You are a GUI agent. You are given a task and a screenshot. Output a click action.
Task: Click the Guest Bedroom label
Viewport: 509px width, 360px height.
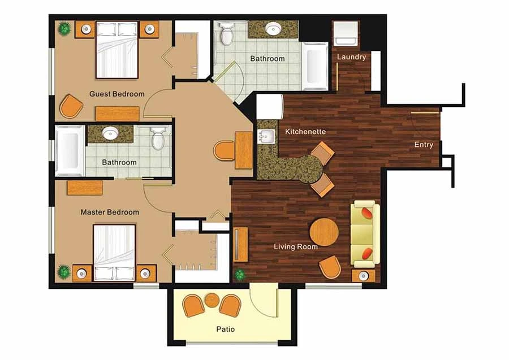coord(117,94)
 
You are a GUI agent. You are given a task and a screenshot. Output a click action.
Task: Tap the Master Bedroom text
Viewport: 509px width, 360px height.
coord(109,212)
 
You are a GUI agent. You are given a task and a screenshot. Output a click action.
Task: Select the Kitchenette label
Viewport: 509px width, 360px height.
coord(305,132)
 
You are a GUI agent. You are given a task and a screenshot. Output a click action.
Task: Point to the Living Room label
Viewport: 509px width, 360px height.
coord(295,247)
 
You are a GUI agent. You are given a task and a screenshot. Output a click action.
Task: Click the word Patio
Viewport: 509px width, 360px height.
coord(225,329)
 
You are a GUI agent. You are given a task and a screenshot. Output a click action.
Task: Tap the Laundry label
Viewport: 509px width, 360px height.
coord(351,57)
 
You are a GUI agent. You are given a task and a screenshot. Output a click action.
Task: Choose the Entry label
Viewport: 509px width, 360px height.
coord(424,145)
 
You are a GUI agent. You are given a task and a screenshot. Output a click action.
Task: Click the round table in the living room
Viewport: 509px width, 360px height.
coord(323,232)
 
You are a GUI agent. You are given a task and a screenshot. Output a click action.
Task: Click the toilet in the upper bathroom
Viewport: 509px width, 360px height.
coord(227,34)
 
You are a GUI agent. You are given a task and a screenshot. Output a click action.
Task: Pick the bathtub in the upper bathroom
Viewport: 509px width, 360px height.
coord(314,66)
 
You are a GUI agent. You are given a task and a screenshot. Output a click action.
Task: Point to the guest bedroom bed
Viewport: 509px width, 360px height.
coord(117,49)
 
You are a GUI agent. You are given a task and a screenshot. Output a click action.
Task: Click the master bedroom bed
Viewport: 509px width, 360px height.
coord(114,253)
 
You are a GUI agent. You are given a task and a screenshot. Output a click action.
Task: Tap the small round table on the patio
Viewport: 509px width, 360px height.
coord(212,300)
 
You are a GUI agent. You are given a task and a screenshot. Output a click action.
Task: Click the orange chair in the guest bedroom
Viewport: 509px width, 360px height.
coord(71,106)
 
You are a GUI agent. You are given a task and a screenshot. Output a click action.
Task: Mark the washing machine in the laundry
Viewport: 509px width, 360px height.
coord(345,33)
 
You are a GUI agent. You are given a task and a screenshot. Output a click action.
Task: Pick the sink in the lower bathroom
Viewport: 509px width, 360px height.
coord(110,135)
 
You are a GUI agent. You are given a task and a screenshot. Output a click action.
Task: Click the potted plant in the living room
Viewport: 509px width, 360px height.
coord(240,275)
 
